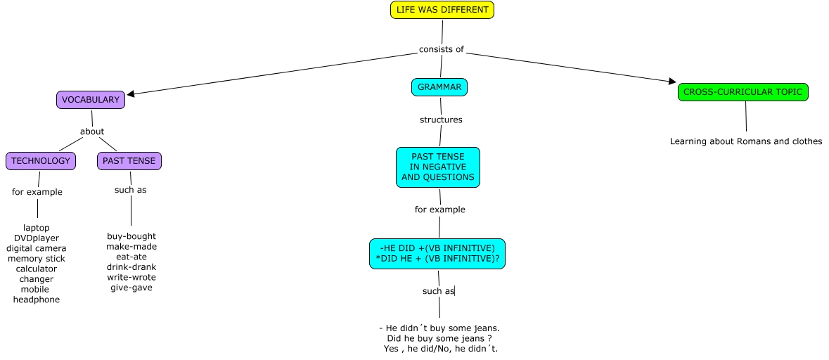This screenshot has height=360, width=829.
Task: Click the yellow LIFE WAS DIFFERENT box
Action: point(442,10)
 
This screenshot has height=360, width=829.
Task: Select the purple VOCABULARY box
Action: point(91,100)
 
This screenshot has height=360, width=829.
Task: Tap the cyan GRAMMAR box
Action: point(439,87)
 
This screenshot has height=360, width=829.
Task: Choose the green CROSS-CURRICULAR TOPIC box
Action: point(743,92)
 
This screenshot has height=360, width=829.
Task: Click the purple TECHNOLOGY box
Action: point(41,161)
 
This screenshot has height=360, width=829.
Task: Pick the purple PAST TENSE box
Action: point(129,161)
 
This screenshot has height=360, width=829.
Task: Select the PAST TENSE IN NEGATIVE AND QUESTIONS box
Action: point(438,167)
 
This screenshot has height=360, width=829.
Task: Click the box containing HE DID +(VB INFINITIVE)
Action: point(437,253)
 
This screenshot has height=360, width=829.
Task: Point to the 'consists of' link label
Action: point(442,49)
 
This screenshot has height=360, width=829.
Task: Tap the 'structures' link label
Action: point(441,120)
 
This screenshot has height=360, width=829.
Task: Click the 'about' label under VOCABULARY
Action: point(92,131)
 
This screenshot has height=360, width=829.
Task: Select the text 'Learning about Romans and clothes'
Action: point(746,141)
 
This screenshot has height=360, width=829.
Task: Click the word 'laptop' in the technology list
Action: point(37,228)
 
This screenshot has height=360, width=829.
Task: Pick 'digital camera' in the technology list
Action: point(37,248)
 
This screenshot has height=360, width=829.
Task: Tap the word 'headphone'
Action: point(37,300)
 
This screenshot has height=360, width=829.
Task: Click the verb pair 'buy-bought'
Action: point(131,236)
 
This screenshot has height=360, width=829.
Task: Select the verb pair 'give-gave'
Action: point(131,288)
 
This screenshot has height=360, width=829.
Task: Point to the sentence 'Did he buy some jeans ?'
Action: point(439,338)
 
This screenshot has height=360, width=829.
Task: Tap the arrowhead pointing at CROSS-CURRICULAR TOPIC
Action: point(672,82)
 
